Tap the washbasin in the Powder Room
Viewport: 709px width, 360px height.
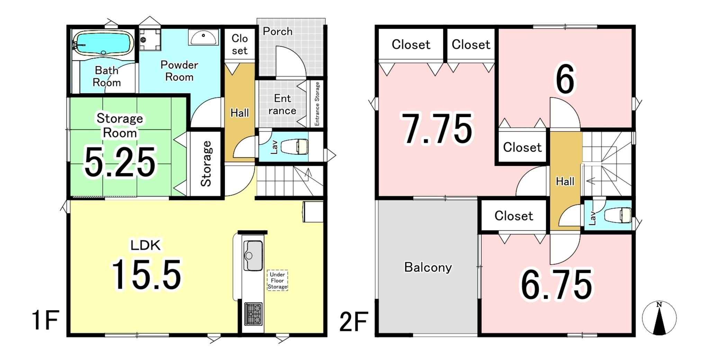pyautogui.click(x=204, y=37)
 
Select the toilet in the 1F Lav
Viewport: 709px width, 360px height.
pyautogui.click(x=294, y=147)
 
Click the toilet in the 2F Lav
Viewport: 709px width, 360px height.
pyautogui.click(x=618, y=215)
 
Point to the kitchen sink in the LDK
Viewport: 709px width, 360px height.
pyautogui.click(x=253, y=255)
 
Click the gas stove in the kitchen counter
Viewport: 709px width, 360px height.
pyautogui.click(x=253, y=314)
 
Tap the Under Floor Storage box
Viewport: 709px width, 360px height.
pyautogui.click(x=277, y=280)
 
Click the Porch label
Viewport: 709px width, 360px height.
pyautogui.click(x=278, y=31)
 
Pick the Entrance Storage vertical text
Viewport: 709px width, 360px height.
pyautogui.click(x=317, y=104)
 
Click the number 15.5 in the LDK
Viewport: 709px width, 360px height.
pyautogui.click(x=146, y=274)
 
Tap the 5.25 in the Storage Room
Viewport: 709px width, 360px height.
pyautogui.click(x=120, y=162)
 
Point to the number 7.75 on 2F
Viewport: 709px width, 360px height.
pyautogui.click(x=437, y=128)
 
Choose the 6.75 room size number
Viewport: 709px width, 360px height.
pyautogui.click(x=557, y=285)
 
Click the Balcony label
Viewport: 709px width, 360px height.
pyautogui.click(x=428, y=267)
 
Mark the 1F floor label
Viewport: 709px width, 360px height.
pyautogui.click(x=45, y=321)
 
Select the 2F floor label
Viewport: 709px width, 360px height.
pyautogui.click(x=353, y=322)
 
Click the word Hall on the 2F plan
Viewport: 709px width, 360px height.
pyautogui.click(x=565, y=181)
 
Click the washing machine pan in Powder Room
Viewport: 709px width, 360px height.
pyautogui.click(x=150, y=40)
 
